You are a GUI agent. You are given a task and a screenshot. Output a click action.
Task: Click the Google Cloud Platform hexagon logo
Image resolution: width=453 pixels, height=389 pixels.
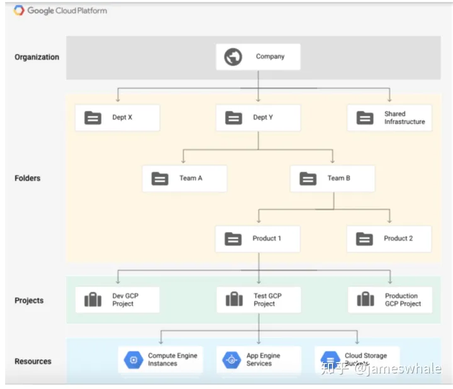(x=18, y=10)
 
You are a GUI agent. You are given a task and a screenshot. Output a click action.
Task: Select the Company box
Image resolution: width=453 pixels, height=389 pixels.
(x=258, y=57)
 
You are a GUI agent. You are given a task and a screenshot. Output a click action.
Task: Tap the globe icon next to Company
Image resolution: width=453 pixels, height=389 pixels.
(x=233, y=57)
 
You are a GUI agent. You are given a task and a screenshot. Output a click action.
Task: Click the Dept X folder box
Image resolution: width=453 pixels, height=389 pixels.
(x=117, y=118)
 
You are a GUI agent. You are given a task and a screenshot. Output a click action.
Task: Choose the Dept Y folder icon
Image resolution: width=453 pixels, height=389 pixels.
(x=233, y=118)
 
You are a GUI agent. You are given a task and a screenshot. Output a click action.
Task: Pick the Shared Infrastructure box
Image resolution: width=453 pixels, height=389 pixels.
(x=389, y=118)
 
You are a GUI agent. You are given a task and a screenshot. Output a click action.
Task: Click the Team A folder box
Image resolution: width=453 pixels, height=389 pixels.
(x=184, y=178)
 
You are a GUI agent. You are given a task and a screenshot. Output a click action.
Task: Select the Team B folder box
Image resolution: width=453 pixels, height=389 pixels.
(x=332, y=178)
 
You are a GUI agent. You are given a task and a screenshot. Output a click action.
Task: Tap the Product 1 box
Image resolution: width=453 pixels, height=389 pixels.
(x=258, y=239)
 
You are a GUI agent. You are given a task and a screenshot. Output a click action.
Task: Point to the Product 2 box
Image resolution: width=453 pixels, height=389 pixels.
(x=389, y=239)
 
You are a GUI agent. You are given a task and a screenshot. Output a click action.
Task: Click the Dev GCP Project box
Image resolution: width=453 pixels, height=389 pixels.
(x=117, y=300)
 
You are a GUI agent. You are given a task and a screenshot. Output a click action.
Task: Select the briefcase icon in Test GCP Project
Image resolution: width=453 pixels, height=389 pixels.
(x=234, y=300)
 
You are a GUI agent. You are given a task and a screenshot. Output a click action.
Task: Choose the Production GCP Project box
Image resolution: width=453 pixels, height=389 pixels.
(x=390, y=300)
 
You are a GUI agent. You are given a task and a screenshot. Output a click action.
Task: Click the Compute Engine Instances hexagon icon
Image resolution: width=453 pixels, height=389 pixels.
(x=133, y=360)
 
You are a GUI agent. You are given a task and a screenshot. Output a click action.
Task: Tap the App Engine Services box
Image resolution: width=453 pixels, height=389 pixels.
(x=259, y=359)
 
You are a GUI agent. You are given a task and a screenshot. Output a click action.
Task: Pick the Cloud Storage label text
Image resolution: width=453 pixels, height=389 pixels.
(x=366, y=356)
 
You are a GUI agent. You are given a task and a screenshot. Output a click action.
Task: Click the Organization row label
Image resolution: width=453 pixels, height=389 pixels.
(x=36, y=57)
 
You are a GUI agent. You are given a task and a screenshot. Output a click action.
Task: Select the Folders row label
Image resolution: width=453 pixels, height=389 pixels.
(x=27, y=178)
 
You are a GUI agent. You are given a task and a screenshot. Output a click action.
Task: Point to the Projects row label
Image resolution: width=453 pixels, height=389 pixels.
(x=29, y=300)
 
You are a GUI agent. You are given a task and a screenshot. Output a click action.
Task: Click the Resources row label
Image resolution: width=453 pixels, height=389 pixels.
(x=33, y=361)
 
